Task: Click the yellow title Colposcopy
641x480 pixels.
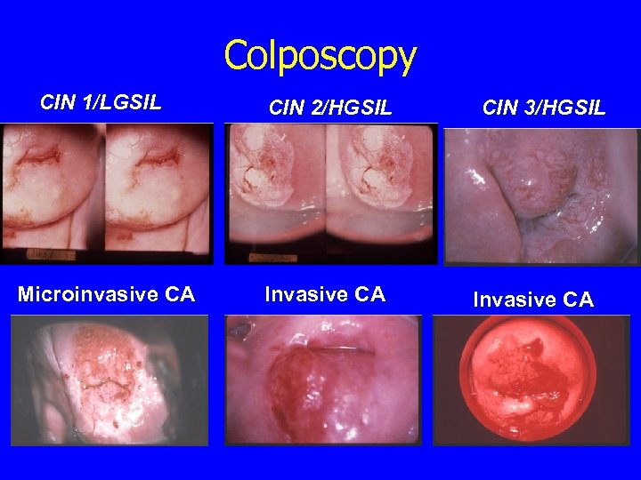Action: (320, 55)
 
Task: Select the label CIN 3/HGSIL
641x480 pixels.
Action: (544, 108)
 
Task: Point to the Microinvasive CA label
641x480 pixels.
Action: (107, 294)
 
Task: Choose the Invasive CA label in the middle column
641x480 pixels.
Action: (325, 294)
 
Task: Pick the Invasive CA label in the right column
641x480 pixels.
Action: (533, 300)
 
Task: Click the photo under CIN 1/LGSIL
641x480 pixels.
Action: (107, 193)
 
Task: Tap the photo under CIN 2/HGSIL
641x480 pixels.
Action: (331, 193)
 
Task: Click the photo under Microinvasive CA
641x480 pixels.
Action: (110, 380)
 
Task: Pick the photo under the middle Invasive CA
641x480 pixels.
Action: (323, 380)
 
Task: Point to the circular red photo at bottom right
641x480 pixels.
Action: (531, 380)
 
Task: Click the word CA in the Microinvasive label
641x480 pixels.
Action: (179, 294)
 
